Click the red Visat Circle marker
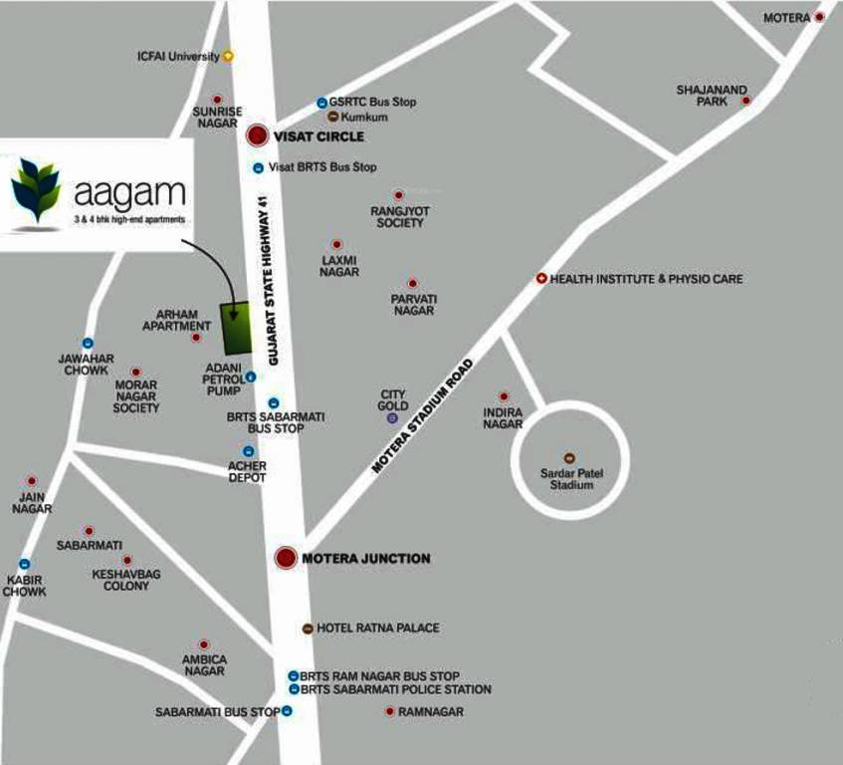click(258, 135)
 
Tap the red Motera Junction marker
click(286, 558)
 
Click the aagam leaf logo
click(37, 188)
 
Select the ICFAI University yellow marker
click(228, 57)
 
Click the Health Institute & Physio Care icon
click(541, 279)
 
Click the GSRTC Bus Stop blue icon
click(321, 103)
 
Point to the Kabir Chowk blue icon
click(25, 564)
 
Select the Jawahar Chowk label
click(86, 365)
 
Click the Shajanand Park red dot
click(744, 101)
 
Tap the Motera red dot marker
click(819, 17)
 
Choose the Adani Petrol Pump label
click(222, 379)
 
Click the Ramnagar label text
click(430, 712)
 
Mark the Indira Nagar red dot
click(504, 396)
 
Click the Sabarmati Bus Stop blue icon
click(287, 711)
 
